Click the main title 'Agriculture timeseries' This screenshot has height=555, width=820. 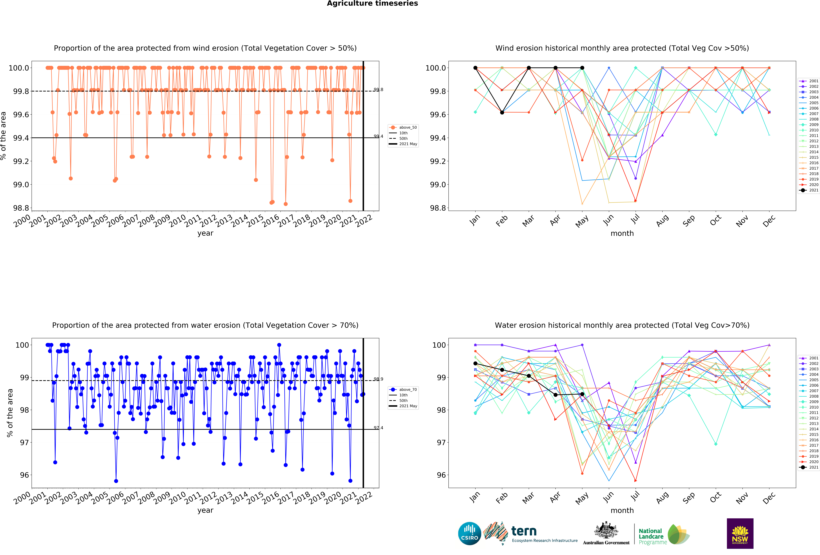coord(372,4)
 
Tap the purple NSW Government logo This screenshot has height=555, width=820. coord(740,533)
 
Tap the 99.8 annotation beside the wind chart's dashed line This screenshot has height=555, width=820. coord(378,90)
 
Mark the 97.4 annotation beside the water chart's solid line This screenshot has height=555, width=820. coord(378,428)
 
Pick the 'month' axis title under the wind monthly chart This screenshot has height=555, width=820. coord(622,234)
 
